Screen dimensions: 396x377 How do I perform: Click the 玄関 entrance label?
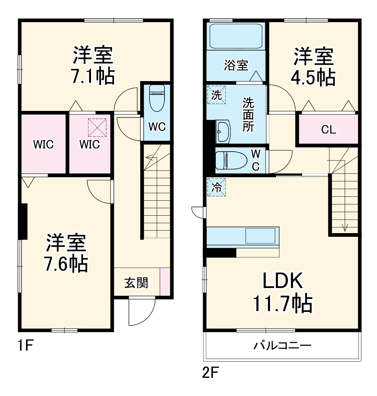point(136,283)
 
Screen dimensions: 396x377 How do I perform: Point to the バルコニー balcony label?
point(282,345)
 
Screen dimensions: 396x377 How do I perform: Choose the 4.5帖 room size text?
point(313,77)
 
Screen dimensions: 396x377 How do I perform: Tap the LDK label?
point(283,281)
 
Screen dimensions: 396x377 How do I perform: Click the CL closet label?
point(329,130)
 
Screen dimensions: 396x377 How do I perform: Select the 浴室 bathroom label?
point(236,65)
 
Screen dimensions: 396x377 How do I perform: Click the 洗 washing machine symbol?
point(217,95)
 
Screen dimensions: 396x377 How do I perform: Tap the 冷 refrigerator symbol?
point(217,187)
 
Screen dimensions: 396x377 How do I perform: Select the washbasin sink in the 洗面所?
point(223,130)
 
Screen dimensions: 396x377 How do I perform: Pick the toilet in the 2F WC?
point(227,160)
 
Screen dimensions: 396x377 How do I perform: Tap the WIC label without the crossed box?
point(43,144)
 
